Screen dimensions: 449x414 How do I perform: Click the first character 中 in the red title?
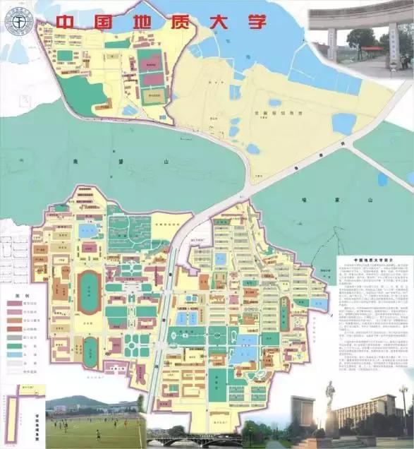pyautogui.click(x=66, y=21)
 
